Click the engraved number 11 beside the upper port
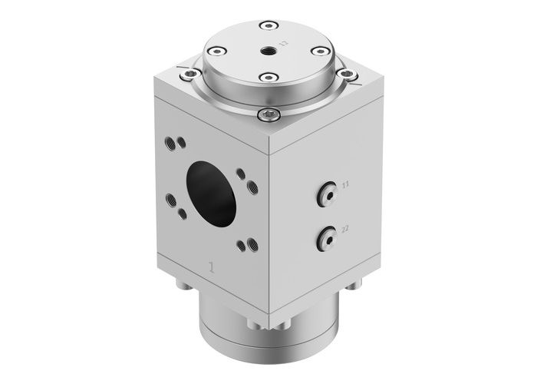click(x=346, y=185)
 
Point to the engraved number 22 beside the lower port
click(x=346, y=228)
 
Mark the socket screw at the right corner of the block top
click(x=350, y=74)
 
